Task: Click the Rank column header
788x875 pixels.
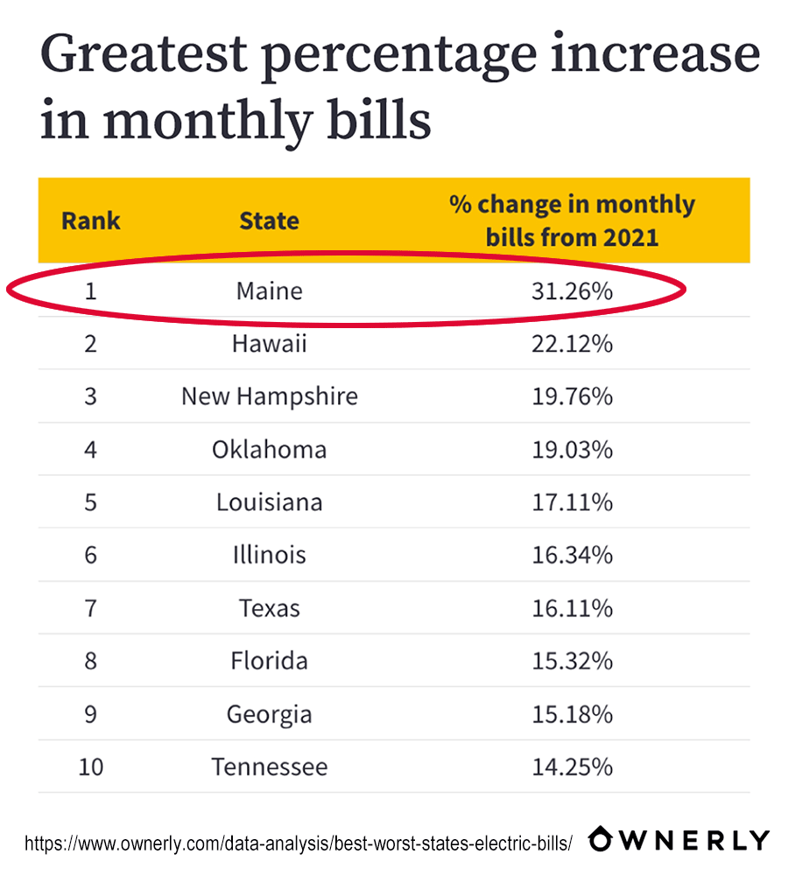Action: tap(91, 220)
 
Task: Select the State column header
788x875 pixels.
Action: tap(269, 220)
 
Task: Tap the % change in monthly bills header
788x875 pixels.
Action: tap(572, 220)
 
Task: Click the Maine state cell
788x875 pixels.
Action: tap(269, 290)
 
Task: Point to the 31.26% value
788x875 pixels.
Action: tap(572, 290)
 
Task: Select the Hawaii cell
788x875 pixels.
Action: tap(269, 344)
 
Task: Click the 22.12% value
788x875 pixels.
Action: tap(572, 344)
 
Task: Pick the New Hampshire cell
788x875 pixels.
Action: tap(269, 396)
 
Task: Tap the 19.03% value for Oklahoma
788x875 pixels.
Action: tap(572, 450)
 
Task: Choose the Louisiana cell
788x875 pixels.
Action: tap(269, 502)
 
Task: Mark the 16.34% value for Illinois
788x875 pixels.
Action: tap(572, 555)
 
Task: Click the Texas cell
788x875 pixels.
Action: tap(269, 608)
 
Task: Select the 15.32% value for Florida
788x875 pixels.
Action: tap(572, 661)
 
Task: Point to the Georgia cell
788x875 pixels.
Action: tap(269, 714)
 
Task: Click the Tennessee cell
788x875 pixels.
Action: tap(269, 767)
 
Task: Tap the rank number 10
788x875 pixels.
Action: tap(91, 767)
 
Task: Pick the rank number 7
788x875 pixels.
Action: tap(91, 608)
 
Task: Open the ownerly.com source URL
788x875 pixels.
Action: tap(298, 843)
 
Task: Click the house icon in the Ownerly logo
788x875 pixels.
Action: tap(605, 839)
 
